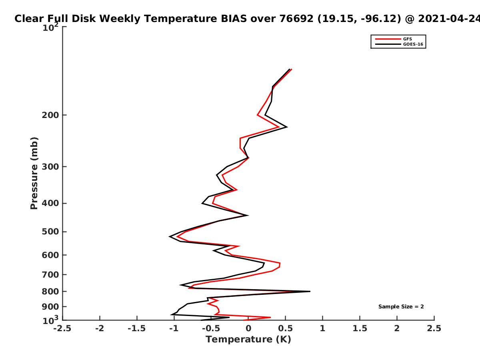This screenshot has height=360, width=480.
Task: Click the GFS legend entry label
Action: pos(407,39)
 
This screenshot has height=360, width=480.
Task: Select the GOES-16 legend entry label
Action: pos(413,44)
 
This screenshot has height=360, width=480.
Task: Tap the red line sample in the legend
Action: pos(388,39)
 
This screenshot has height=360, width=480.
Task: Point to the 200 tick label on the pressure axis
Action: pos(50,115)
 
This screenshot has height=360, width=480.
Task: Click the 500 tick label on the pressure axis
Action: pos(50,232)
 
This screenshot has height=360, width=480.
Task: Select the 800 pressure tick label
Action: pos(50,291)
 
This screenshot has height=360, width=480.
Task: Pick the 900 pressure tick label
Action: pos(50,307)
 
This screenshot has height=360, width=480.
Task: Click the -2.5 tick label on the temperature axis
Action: pos(62,328)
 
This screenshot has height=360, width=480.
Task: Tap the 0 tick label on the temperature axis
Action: pos(248,328)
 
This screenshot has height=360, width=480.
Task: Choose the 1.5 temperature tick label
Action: pos(360,328)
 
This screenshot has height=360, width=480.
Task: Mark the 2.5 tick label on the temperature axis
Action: pos(434,328)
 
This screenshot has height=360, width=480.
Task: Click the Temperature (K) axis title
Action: pos(248,340)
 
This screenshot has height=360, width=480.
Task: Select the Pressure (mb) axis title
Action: pos(34,173)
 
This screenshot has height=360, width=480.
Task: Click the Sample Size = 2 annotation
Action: pos(401,307)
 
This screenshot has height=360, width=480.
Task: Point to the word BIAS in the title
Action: pos(234,19)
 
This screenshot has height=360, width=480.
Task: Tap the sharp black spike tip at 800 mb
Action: pos(310,291)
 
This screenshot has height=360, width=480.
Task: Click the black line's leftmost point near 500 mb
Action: pos(170,236)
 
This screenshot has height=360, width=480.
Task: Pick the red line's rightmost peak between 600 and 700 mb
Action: pos(280,265)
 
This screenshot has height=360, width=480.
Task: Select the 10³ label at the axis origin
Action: pos(50,320)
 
